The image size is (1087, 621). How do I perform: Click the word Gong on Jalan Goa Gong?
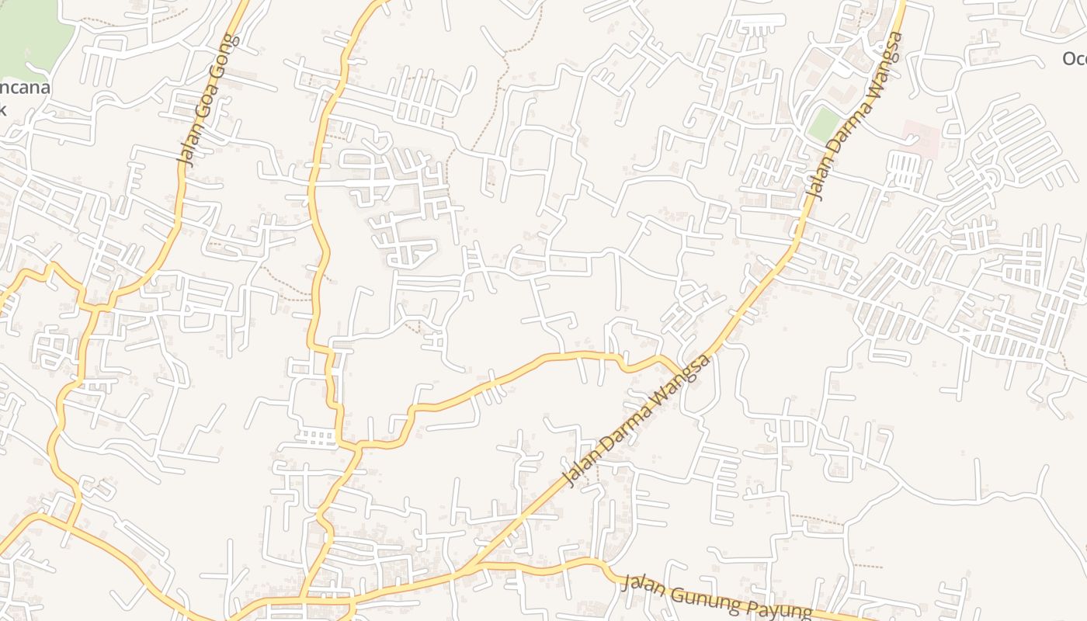coord(221,57)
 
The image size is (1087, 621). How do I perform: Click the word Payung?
coord(778,609)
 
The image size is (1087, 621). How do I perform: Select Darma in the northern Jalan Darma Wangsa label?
coord(846,135)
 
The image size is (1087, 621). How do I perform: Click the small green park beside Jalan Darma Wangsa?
coord(824,124)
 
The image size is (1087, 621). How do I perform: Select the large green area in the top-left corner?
coord(31,31)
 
